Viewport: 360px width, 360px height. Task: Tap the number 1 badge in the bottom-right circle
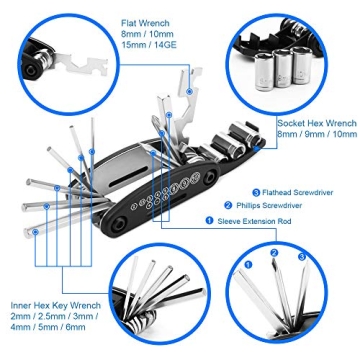click(x=247, y=265)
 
